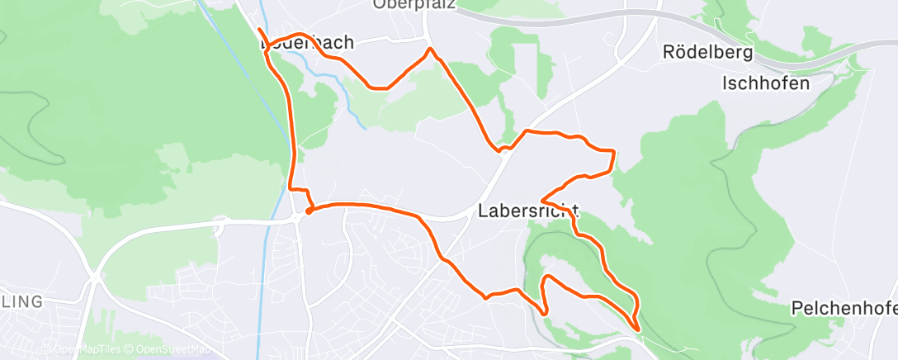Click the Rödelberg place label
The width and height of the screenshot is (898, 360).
pyautogui.click(x=708, y=53)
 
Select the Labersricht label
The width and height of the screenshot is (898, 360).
pyautogui.click(x=527, y=211)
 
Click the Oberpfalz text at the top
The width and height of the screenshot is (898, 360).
pyautogui.click(x=414, y=4)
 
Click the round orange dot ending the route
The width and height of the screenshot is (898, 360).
pyautogui.click(x=308, y=211)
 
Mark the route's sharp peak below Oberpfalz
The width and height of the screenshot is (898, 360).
pyautogui.click(x=430, y=50)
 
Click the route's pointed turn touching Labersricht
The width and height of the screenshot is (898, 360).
pyautogui.click(x=541, y=201)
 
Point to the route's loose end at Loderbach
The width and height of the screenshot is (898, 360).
pyautogui.click(x=259, y=30)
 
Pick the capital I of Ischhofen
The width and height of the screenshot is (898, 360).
pyautogui.click(x=725, y=83)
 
